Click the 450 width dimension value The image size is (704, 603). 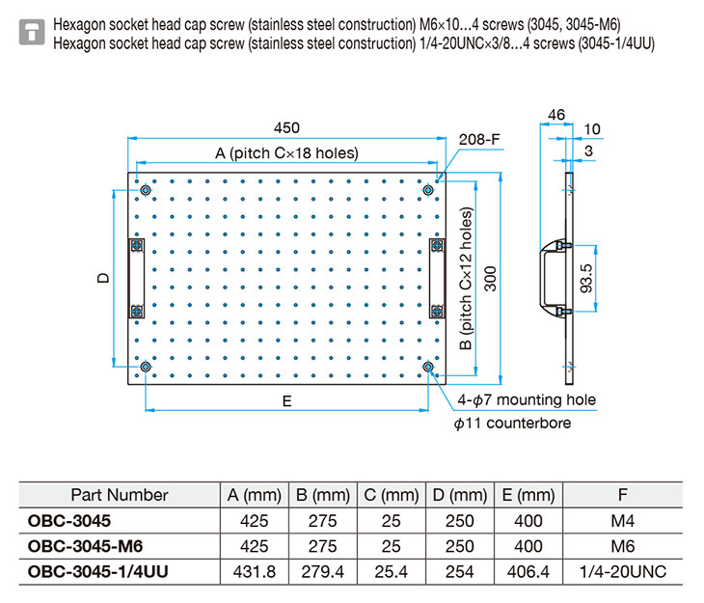click(x=287, y=127)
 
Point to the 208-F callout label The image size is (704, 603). click(x=478, y=140)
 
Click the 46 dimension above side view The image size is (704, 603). click(x=555, y=115)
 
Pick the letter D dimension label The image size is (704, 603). click(x=102, y=278)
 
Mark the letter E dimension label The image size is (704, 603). click(x=287, y=399)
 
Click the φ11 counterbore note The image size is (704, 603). click(x=512, y=423)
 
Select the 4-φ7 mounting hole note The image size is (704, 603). click(x=527, y=399)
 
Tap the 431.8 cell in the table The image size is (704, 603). click(x=255, y=571)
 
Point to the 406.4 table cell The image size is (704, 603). click(x=528, y=571)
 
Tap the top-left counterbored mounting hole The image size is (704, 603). click(x=146, y=191)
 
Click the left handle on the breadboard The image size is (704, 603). click(x=136, y=279)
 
